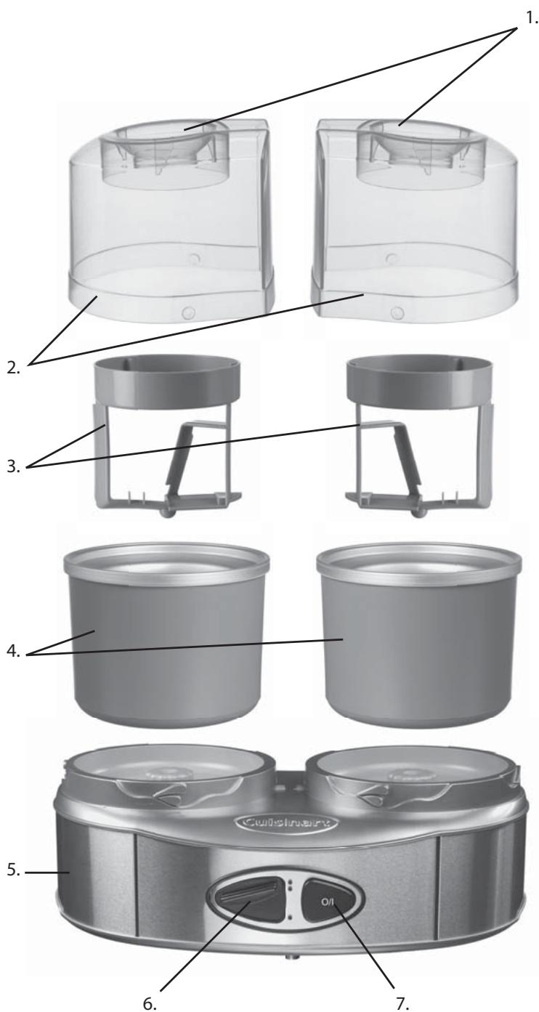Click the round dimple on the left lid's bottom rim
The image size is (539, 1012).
point(189,312)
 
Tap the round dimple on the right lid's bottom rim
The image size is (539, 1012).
point(397,313)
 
